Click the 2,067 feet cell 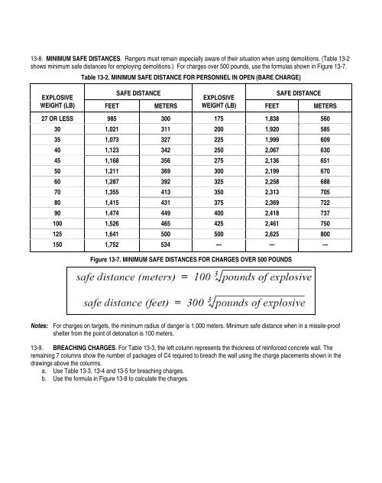point(271,157)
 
